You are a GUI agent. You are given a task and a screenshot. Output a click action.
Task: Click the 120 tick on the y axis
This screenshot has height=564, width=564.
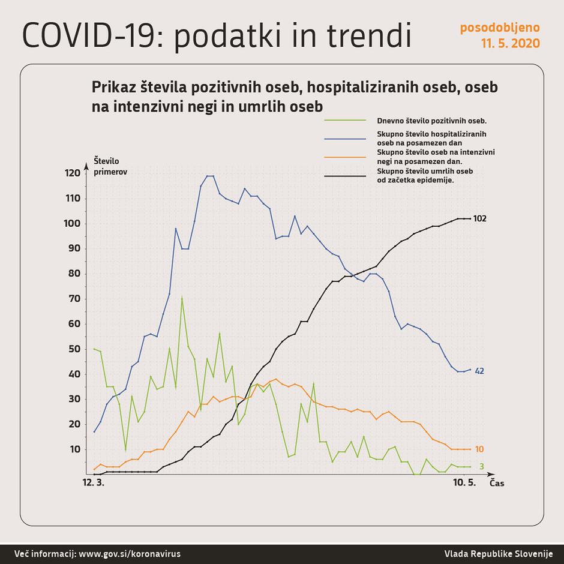pos(72,173)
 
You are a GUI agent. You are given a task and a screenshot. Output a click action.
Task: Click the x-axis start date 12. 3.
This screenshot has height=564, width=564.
pos(92,482)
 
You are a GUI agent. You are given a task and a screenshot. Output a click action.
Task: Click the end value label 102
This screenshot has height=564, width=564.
pos(479,218)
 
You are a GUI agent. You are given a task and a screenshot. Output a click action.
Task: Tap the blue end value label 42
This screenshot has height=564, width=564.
pos(479,371)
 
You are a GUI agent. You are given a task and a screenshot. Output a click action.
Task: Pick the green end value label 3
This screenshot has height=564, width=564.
pos(481,466)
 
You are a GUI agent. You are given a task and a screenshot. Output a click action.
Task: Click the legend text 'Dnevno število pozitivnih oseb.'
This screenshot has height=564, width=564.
pos(431,121)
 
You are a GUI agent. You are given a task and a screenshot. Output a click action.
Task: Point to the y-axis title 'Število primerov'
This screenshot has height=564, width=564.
pos(110,166)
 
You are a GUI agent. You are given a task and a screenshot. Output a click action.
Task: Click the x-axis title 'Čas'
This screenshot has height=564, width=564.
pos(497,483)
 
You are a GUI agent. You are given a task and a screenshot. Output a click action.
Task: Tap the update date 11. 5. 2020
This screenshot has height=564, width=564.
pos(509,44)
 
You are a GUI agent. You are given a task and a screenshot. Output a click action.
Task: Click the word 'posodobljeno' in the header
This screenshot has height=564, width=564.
pos(500,28)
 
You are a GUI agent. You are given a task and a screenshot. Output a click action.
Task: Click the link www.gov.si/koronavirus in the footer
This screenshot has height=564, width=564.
pos(130,554)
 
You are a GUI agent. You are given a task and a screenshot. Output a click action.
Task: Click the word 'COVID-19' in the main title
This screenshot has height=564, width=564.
pos(84,36)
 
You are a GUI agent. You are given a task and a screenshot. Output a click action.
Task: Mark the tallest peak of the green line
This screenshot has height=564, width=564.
pos(182,297)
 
